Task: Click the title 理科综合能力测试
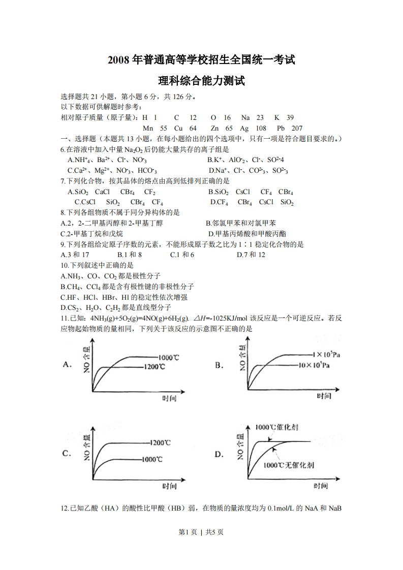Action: pyautogui.click(x=202, y=81)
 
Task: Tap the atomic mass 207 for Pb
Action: pyautogui.click(x=297, y=128)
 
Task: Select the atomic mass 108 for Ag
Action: pyautogui.click(x=261, y=128)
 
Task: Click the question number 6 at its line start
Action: pyautogui.click(x=62, y=149)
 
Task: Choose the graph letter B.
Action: pyautogui.click(x=219, y=365)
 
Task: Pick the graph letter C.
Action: pyautogui.click(x=66, y=454)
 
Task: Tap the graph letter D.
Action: pyautogui.click(x=219, y=454)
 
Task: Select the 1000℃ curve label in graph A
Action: pyautogui.click(x=168, y=357)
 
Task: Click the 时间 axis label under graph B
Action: pyautogui.click(x=324, y=396)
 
